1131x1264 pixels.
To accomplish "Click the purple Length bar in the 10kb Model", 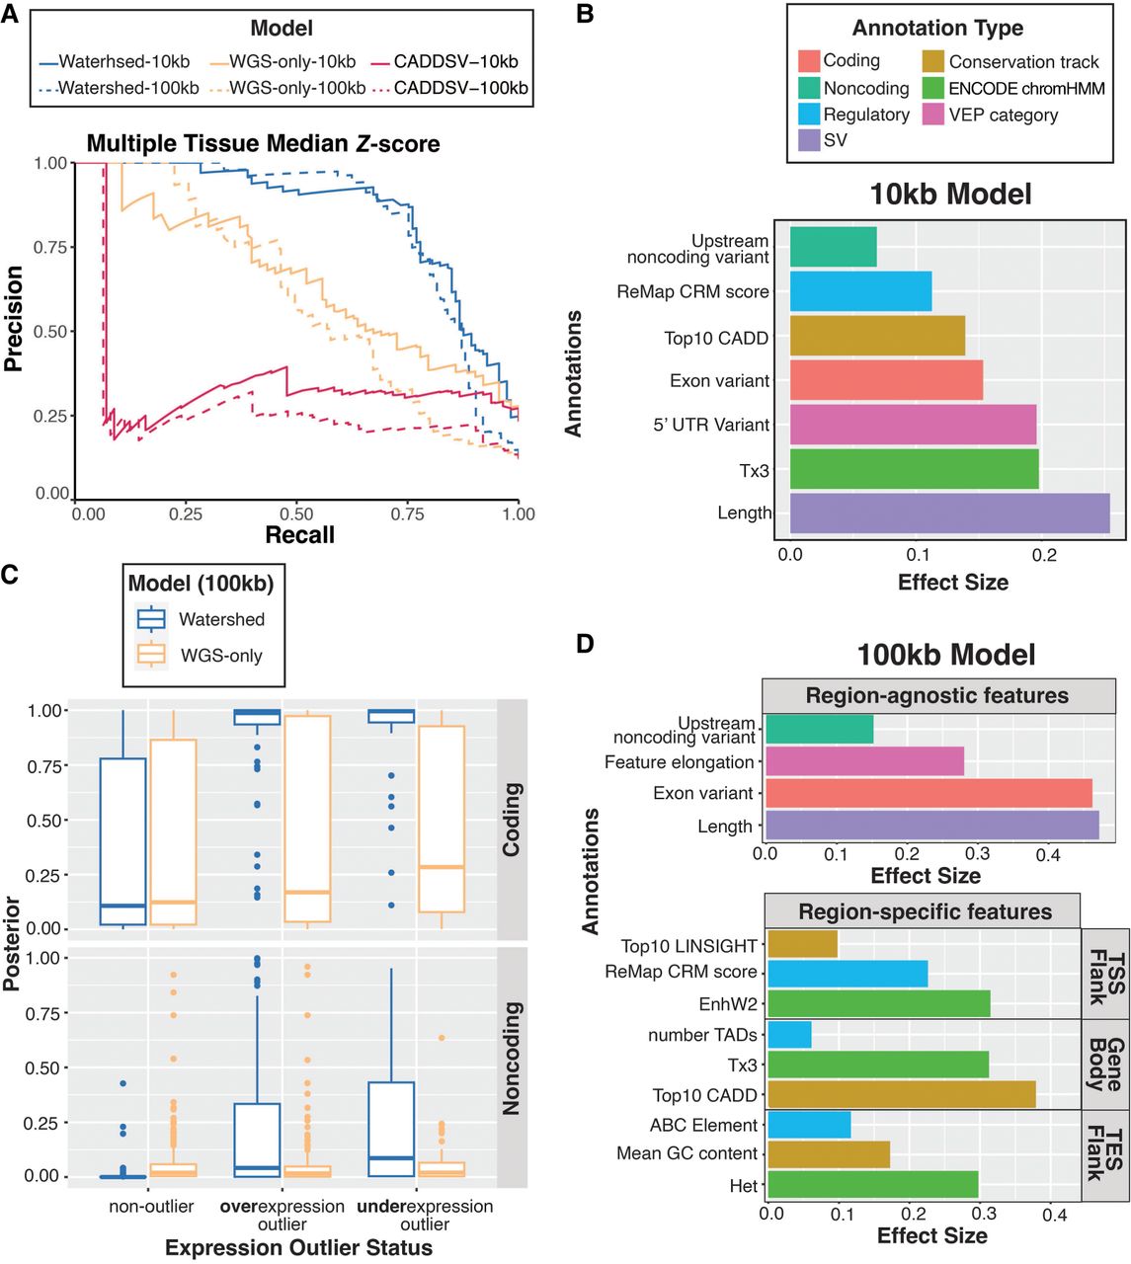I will coord(949,513).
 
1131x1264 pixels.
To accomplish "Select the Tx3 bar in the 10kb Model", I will coord(914,470).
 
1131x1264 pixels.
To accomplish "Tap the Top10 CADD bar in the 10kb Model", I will coord(877,336).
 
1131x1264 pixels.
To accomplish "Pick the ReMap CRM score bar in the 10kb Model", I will coord(860,292).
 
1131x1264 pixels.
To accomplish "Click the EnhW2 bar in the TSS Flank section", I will coord(878,1004).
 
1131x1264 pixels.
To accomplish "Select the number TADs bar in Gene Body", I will coord(789,1035).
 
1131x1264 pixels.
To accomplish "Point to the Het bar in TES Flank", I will coord(872,1185).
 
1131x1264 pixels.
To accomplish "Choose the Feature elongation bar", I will coord(864,761).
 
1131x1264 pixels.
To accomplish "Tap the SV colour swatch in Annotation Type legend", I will coord(809,140).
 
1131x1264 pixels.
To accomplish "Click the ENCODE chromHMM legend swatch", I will coord(932,88).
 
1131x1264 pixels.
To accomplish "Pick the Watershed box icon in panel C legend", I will coord(151,619).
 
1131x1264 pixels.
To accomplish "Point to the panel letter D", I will coord(585,645).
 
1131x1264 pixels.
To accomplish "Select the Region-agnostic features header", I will coord(936,695).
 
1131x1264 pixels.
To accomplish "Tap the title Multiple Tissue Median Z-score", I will coord(263,143).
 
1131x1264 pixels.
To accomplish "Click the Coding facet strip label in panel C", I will coord(511,819).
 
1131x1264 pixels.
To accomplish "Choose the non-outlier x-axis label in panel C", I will coord(150,1207).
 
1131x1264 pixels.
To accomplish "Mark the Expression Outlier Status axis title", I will coord(298,1248).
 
